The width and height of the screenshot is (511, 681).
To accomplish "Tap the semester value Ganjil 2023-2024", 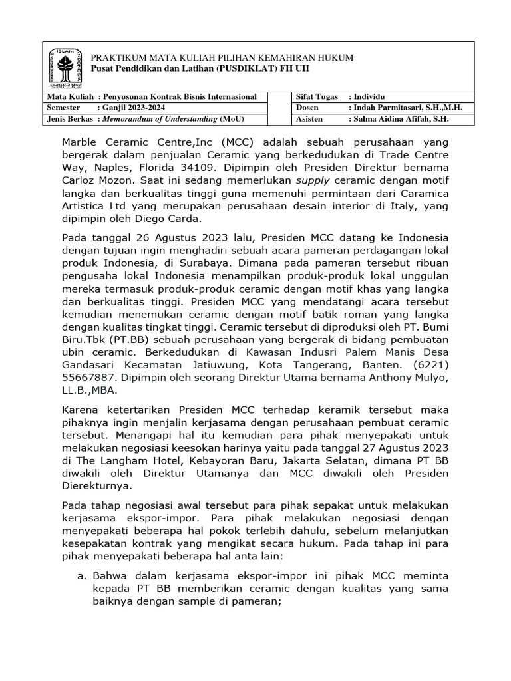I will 133,108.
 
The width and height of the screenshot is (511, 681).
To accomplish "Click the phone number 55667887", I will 88,378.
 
